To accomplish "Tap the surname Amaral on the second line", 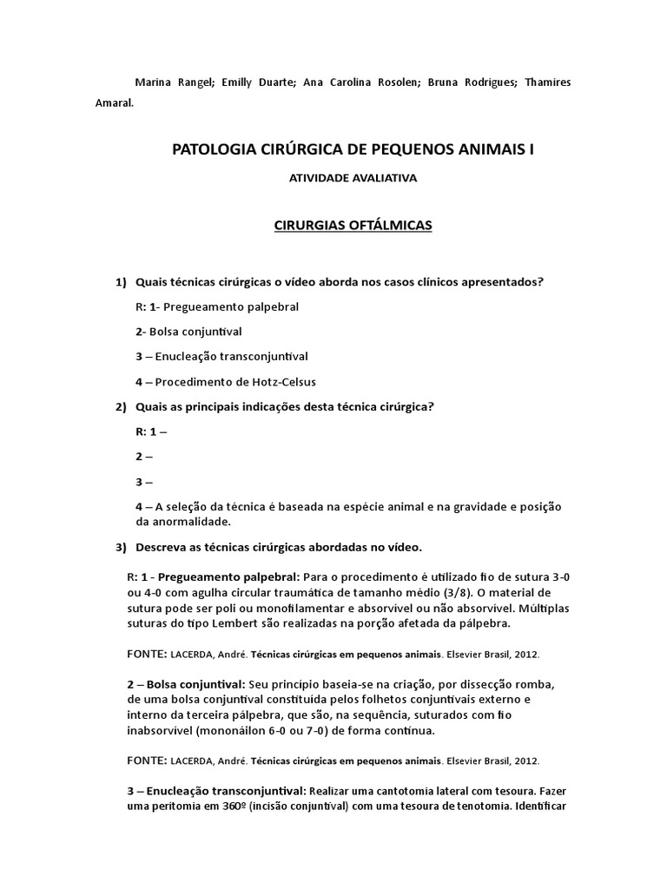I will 114,101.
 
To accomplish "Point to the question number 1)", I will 121,282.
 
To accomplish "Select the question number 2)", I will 121,406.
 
